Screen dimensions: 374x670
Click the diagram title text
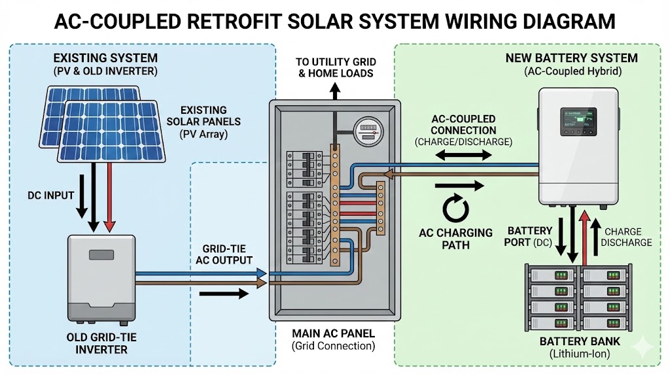tap(335, 21)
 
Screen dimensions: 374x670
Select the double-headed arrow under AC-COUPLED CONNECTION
tap(464, 156)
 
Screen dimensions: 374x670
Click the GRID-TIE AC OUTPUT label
tap(224, 254)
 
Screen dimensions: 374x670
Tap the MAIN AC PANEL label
tap(334, 333)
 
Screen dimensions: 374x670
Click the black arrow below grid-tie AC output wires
tap(223, 293)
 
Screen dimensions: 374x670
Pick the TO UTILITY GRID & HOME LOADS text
tap(335, 67)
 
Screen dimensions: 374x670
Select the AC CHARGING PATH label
tap(455, 239)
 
